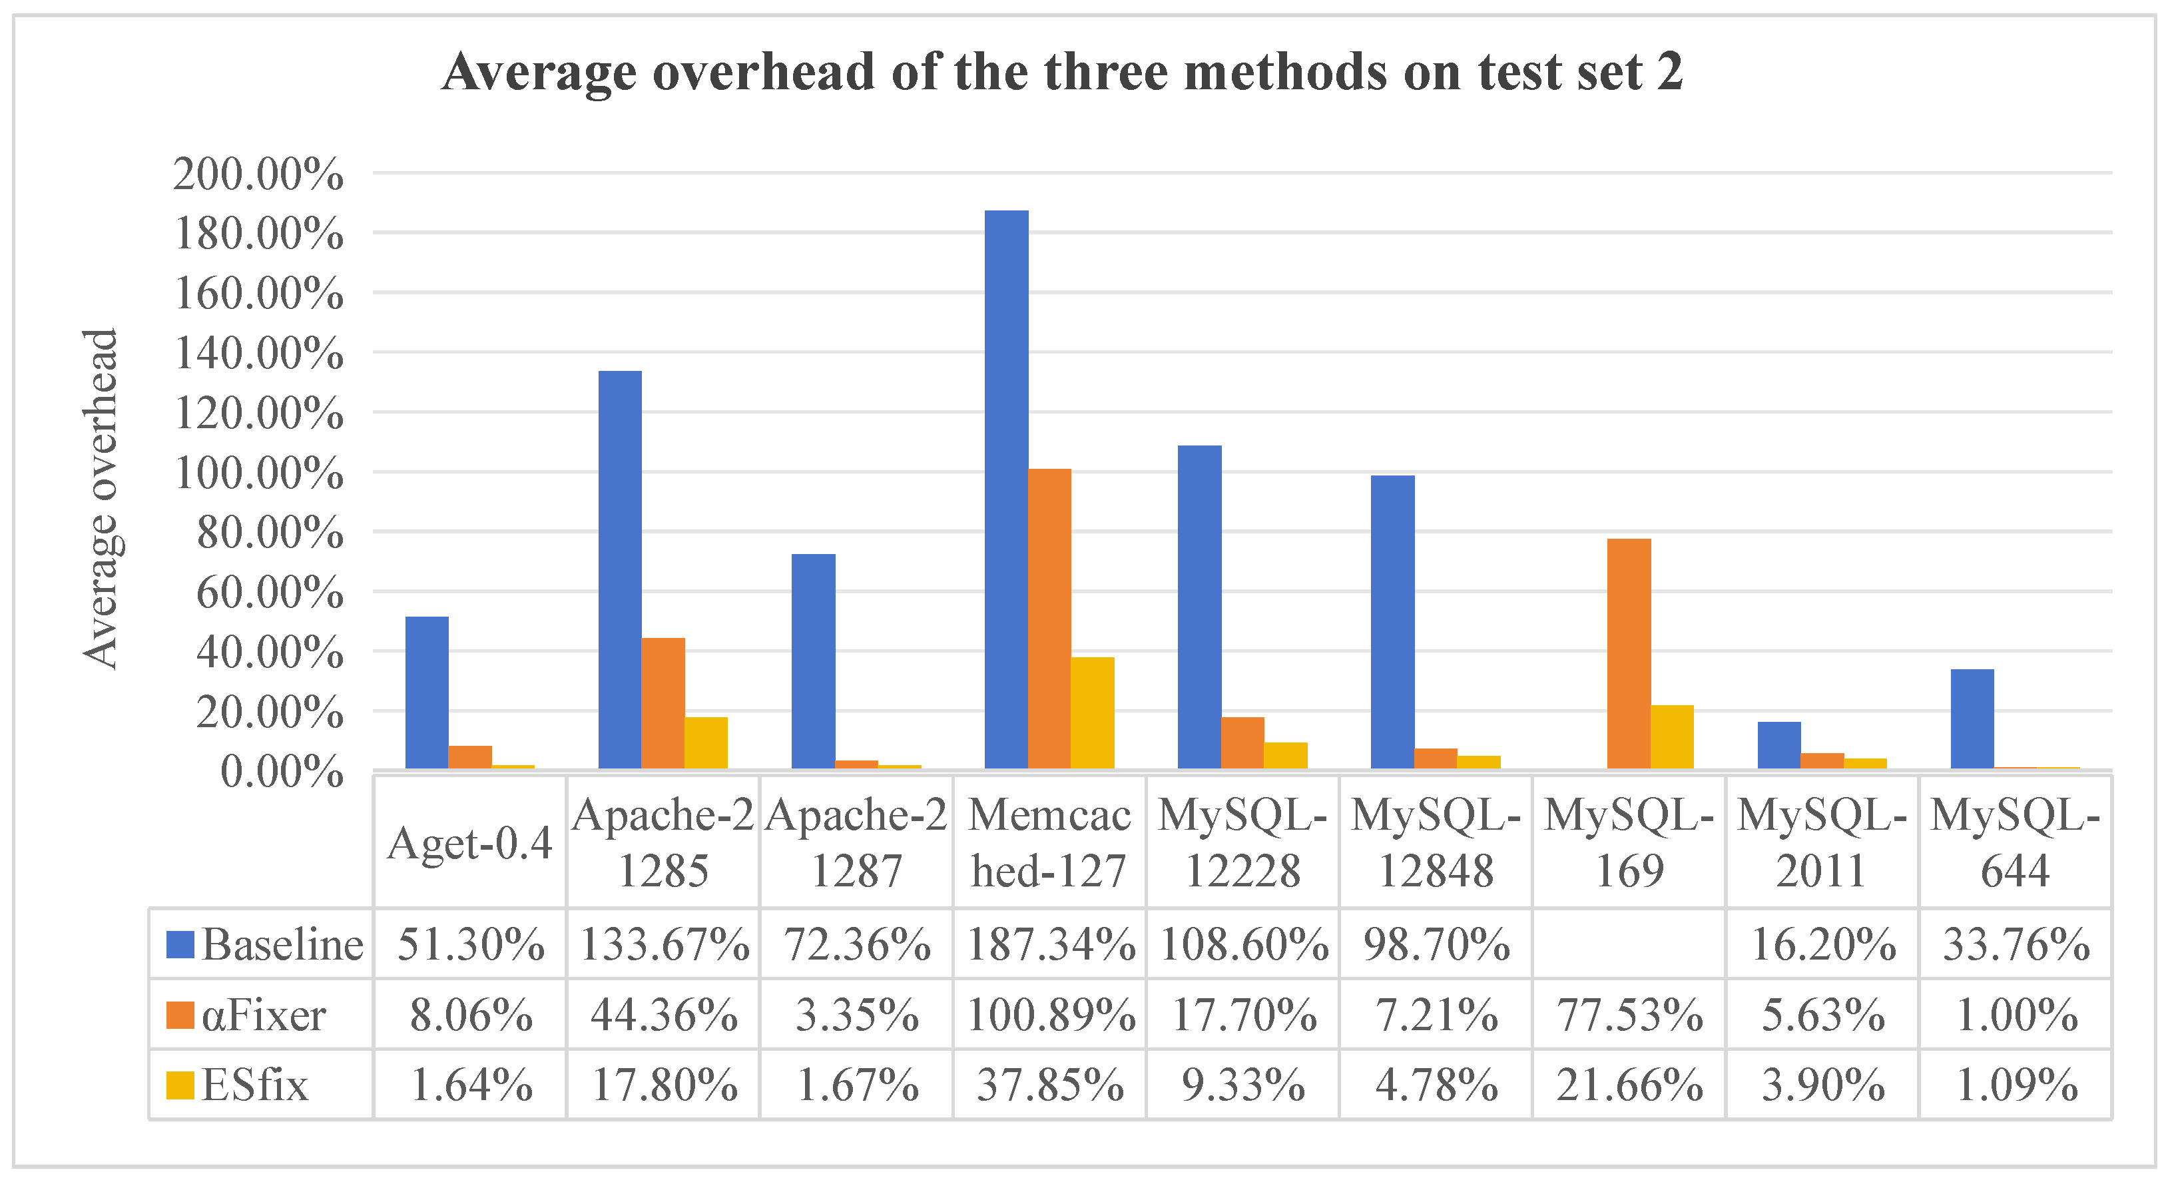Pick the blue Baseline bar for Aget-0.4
(427, 693)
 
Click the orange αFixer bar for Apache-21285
(663, 703)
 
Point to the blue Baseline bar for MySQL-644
(1972, 719)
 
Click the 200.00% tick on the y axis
(258, 174)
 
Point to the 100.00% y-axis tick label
(258, 473)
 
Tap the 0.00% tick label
(282, 771)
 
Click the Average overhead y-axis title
(101, 498)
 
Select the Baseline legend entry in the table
(264, 944)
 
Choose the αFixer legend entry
(246, 1014)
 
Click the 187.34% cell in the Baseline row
(1050, 944)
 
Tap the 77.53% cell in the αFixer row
(1629, 1014)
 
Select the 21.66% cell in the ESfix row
(1629, 1085)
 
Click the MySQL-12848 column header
(1436, 842)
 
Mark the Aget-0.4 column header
(469, 842)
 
